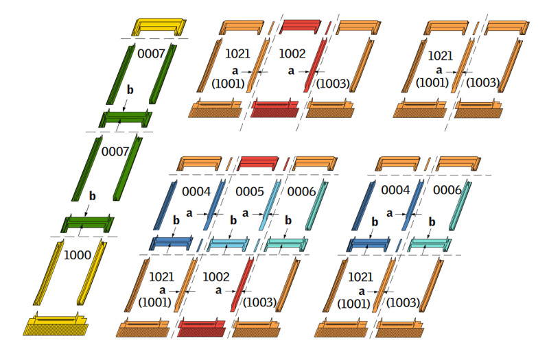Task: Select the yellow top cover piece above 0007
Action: pos(160,27)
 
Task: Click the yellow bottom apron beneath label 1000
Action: pos(58,325)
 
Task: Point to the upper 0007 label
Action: pos(151,53)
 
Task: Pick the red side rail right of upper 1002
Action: pos(313,66)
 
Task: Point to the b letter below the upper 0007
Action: pos(130,89)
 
